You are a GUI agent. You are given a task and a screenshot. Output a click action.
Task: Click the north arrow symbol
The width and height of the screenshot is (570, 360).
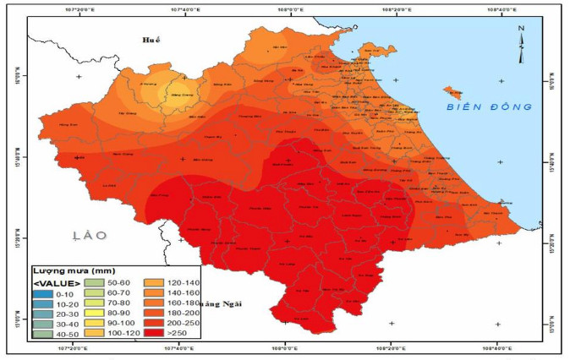522,35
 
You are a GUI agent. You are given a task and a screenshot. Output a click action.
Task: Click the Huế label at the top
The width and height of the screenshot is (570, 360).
152,40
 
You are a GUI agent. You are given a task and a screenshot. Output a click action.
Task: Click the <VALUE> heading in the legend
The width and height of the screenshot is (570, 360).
58,282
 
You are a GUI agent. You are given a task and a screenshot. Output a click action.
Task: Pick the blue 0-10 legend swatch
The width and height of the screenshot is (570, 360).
43,293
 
